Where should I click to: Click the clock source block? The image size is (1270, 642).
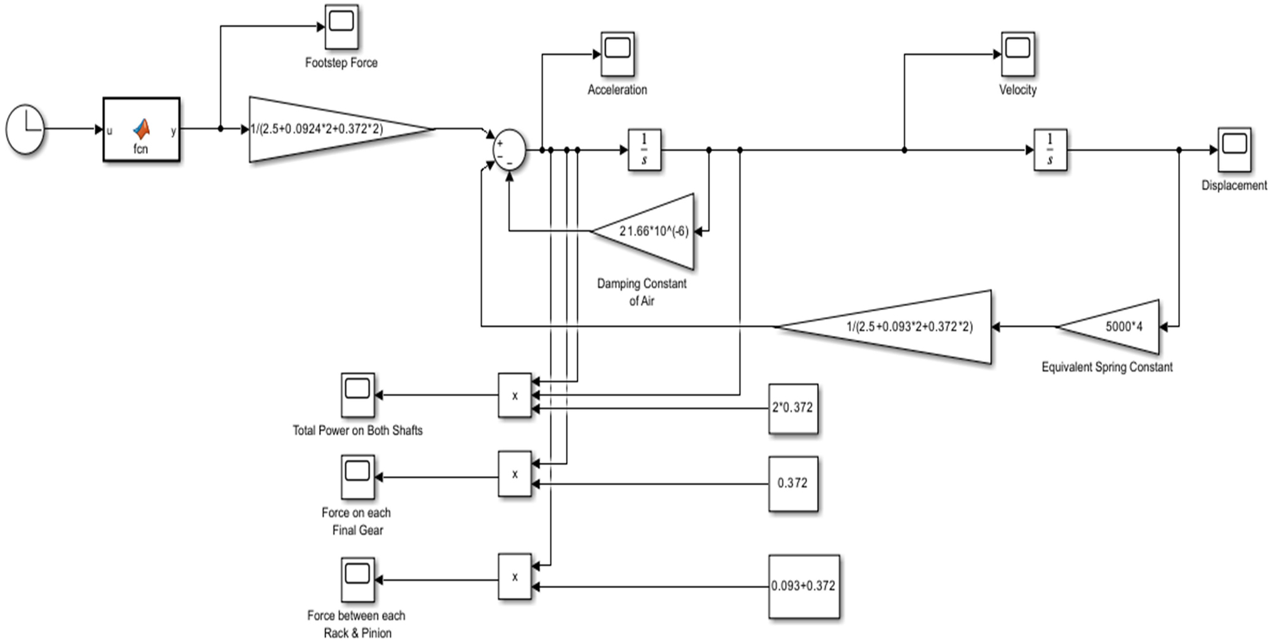25,130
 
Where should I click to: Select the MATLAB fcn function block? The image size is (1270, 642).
142,130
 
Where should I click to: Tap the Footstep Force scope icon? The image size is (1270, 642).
341,27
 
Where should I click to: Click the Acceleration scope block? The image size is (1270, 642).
618,54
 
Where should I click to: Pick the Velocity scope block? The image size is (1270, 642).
1017,54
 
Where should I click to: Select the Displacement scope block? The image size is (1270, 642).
1234,150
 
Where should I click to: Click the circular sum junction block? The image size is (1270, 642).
510,150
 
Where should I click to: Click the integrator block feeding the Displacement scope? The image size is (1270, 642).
1050,150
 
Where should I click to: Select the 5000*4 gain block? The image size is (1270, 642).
1117,326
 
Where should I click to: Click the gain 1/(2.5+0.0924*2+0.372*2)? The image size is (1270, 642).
330,130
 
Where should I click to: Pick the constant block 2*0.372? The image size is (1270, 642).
793,408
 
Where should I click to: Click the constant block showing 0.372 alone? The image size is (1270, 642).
793,483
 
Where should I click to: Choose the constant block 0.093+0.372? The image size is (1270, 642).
804,586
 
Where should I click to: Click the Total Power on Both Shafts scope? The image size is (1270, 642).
357,395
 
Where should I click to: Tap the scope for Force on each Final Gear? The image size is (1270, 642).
357,477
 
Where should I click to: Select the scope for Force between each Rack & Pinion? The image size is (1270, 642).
357,580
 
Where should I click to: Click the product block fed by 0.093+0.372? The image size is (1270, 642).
514,577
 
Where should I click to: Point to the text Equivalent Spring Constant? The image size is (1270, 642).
1107,367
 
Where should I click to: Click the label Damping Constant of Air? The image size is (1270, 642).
642,292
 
